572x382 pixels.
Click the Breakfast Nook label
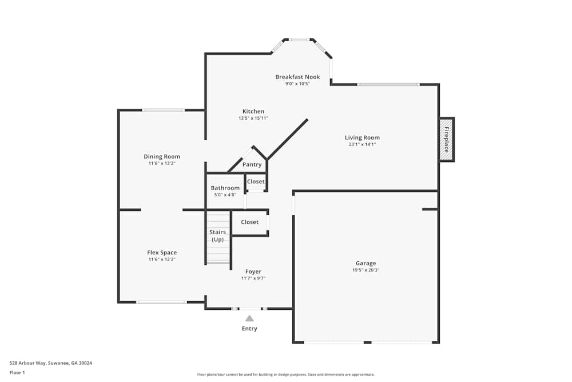pos(297,77)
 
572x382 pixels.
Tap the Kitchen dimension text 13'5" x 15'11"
pos(253,118)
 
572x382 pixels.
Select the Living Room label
pos(362,137)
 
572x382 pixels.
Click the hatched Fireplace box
pos(446,140)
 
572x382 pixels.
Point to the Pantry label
pos(252,165)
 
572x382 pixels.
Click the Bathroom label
pos(225,188)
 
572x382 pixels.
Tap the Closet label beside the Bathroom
pos(256,182)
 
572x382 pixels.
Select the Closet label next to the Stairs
pos(249,222)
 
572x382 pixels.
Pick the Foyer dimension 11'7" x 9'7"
pos(253,278)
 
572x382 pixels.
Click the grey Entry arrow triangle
pos(249,318)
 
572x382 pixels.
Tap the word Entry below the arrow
pos(249,329)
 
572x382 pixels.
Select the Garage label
pos(366,263)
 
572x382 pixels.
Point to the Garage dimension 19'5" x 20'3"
pos(366,270)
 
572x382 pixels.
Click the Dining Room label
pos(162,156)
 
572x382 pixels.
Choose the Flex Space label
pos(162,253)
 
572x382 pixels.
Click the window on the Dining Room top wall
pos(164,110)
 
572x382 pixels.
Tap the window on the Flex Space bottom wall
pos(161,302)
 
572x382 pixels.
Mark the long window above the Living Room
pos(388,85)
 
